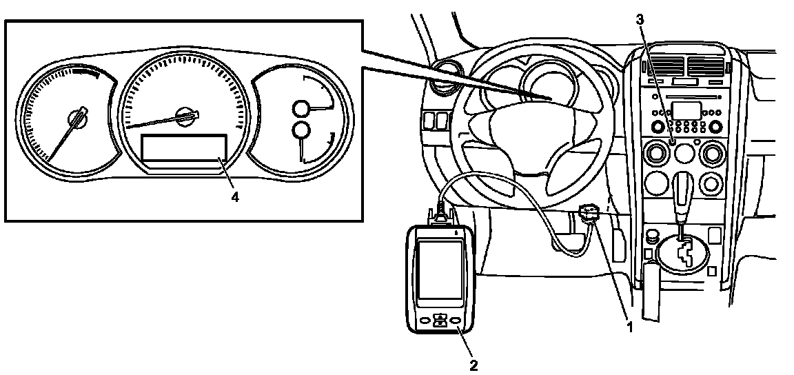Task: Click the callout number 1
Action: point(629,327)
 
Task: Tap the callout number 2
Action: point(474,365)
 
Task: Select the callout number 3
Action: point(640,20)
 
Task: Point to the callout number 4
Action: point(235,197)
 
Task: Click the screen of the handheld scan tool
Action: point(440,270)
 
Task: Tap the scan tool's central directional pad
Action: point(440,321)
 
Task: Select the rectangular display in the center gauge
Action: point(184,148)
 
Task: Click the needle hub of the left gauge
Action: point(77,117)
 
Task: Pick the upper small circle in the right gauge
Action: point(301,108)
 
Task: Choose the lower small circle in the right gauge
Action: point(301,130)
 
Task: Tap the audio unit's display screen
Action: point(686,111)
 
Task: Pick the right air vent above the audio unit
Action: point(706,66)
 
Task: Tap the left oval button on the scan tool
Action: point(425,321)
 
